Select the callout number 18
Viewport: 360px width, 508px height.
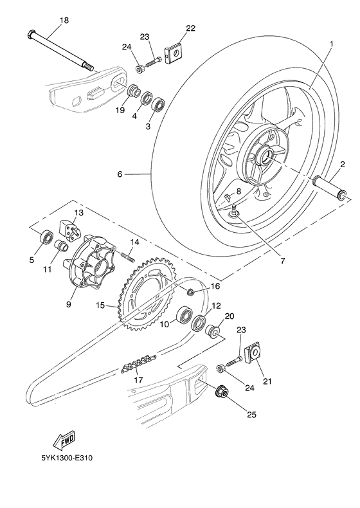pos(64,21)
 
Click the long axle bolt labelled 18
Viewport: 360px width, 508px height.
pos(60,50)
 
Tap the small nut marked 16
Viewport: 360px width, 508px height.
pos(191,293)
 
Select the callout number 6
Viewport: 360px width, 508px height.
pos(120,174)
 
